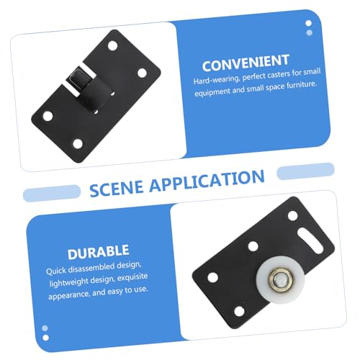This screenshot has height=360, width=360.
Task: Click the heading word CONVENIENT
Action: point(246,63)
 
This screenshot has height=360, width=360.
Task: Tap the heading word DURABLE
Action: point(99,252)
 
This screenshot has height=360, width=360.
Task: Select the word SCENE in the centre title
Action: point(117,189)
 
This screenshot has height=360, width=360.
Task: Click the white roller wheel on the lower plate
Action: point(280,279)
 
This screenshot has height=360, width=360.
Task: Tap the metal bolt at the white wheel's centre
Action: point(280,279)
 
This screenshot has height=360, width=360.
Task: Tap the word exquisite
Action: point(132,277)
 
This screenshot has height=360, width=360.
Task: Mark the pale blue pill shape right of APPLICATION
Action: point(305,171)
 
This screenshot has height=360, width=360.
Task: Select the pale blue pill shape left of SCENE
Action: point(52,193)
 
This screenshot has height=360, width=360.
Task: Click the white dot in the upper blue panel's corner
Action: point(308,23)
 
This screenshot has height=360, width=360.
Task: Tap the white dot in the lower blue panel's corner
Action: point(45,338)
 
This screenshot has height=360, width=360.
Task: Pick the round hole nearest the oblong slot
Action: point(292,215)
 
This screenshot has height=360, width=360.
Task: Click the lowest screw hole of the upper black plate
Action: point(78,144)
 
